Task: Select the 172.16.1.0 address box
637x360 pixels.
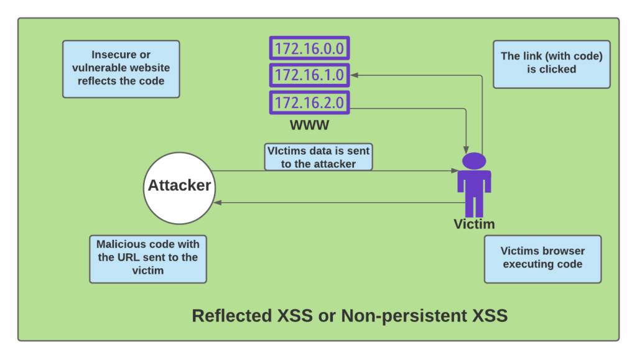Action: coord(309,75)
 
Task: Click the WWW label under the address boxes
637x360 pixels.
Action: coord(309,126)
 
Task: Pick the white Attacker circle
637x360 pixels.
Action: coord(179,186)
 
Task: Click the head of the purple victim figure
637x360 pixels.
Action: coord(474,160)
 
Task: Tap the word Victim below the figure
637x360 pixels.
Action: coord(474,224)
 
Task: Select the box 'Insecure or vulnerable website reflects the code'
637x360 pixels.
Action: coord(121,68)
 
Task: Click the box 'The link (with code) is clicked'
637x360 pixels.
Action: coord(551,63)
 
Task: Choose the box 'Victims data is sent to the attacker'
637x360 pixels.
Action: coord(318,157)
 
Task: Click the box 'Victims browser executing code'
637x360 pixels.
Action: coord(542,258)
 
